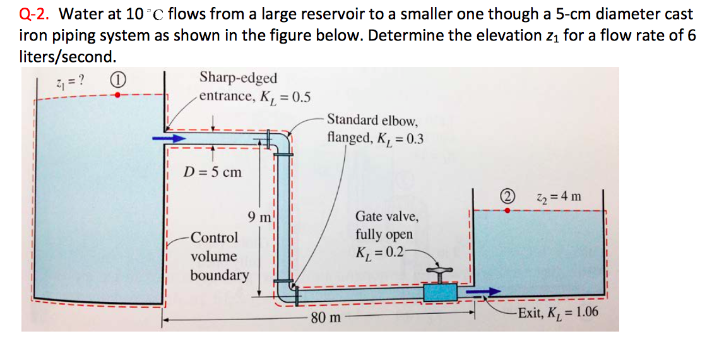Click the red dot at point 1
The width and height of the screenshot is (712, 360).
pos(117,95)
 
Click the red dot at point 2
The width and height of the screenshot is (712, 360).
pos(507,211)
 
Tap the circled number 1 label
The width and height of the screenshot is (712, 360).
pos(117,80)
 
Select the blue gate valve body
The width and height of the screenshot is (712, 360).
pos(440,292)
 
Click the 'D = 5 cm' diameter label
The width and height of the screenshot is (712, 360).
pos(213,172)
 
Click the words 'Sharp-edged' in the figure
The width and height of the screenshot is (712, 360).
pos(238,78)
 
